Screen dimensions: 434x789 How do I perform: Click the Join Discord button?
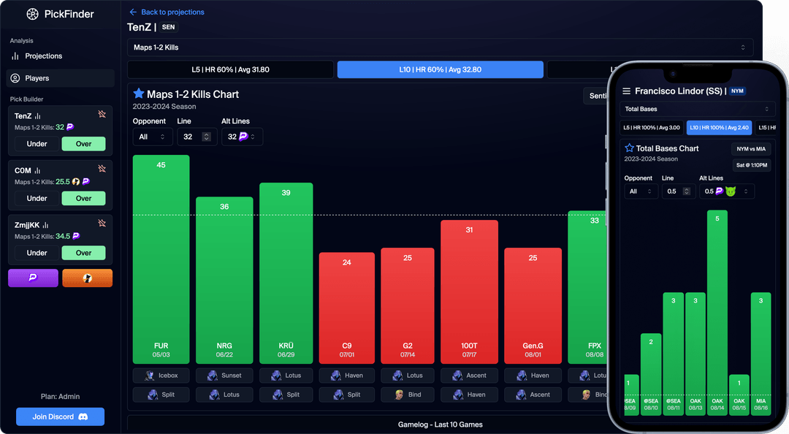coord(60,416)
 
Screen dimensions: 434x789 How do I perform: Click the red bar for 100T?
coord(469,292)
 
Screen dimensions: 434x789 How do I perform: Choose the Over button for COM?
coord(83,198)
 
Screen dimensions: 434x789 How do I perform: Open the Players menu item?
coord(61,78)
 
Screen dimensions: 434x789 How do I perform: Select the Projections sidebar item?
coord(44,56)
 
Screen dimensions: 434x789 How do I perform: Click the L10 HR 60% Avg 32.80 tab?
coord(440,69)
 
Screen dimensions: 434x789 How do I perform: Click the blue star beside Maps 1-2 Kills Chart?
coord(139,94)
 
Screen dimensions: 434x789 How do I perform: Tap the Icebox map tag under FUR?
coord(161,376)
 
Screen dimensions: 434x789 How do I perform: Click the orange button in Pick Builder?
coord(87,278)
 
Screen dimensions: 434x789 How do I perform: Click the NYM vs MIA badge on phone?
coord(750,148)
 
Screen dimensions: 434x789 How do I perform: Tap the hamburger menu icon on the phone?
coord(626,91)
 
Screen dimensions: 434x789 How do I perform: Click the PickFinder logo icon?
coord(31,14)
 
